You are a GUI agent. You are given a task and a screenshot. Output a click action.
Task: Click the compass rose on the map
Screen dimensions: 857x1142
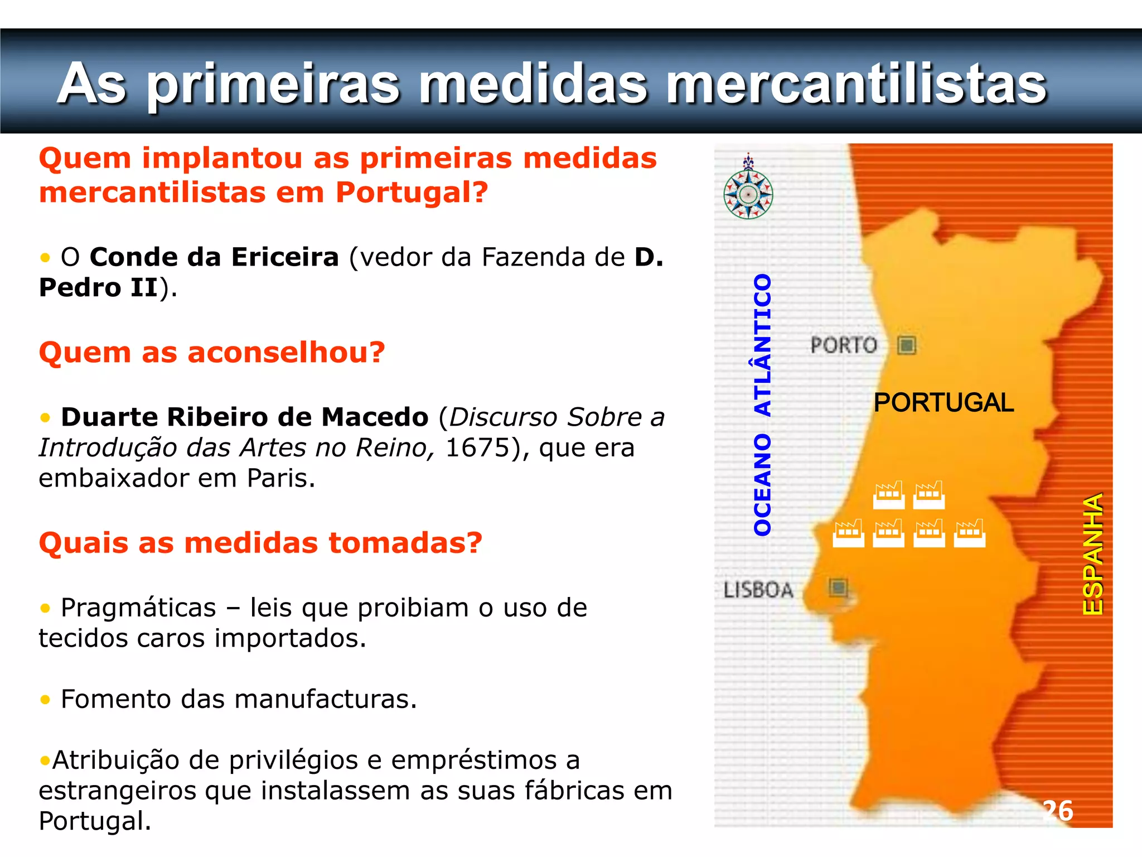pyautogui.click(x=748, y=192)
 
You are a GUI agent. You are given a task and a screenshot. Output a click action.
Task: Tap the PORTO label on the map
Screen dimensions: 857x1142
pyautogui.click(x=843, y=345)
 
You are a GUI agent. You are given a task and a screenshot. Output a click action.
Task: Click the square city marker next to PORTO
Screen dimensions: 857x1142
pyautogui.click(x=907, y=345)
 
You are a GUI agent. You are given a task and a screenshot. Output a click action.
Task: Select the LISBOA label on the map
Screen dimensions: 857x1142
pyautogui.click(x=758, y=590)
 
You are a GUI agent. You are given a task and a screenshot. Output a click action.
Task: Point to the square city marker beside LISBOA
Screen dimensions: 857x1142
pyautogui.click(x=838, y=587)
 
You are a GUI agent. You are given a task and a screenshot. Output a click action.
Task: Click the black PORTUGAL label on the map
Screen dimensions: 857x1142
pyautogui.click(x=943, y=403)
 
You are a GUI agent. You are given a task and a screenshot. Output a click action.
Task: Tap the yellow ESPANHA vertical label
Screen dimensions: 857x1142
pyautogui.click(x=1093, y=553)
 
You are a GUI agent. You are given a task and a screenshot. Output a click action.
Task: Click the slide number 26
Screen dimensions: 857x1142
pyautogui.click(x=1058, y=811)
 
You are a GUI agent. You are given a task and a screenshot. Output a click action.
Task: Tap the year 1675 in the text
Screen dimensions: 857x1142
pyautogui.click(x=477, y=447)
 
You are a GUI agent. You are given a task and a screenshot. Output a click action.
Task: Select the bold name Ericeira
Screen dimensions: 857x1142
pyautogui.click(x=285, y=257)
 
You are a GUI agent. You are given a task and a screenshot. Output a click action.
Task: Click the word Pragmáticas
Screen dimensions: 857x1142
pyautogui.click(x=138, y=608)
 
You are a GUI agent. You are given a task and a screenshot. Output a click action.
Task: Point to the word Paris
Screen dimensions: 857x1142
pyautogui.click(x=280, y=478)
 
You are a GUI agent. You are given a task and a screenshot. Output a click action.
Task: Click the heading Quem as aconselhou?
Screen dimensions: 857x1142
pyautogui.click(x=212, y=353)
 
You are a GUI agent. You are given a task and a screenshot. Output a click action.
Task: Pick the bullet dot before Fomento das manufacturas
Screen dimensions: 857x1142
pyautogui.click(x=45, y=700)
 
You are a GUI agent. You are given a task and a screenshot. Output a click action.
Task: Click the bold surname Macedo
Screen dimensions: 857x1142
pyautogui.click(x=375, y=417)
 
